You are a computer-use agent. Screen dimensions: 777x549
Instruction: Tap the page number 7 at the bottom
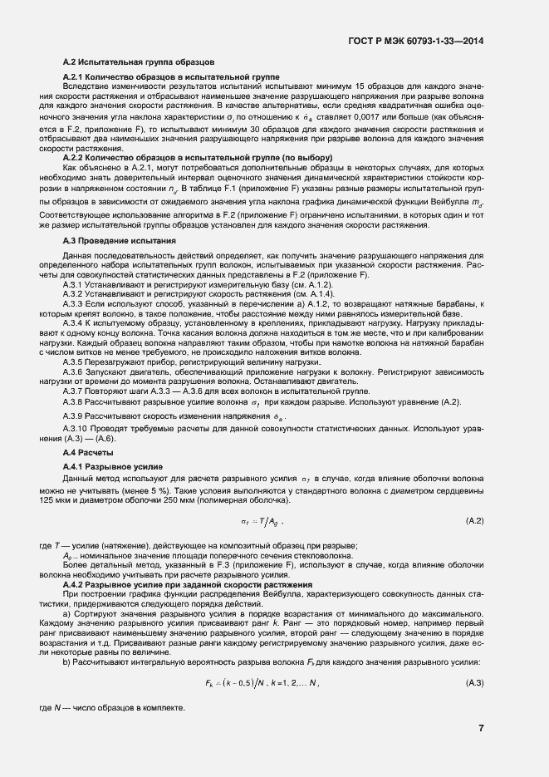coord(481,728)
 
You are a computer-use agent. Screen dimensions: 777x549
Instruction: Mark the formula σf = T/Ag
coord(262,521)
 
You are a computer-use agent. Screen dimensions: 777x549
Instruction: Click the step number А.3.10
coord(79,428)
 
